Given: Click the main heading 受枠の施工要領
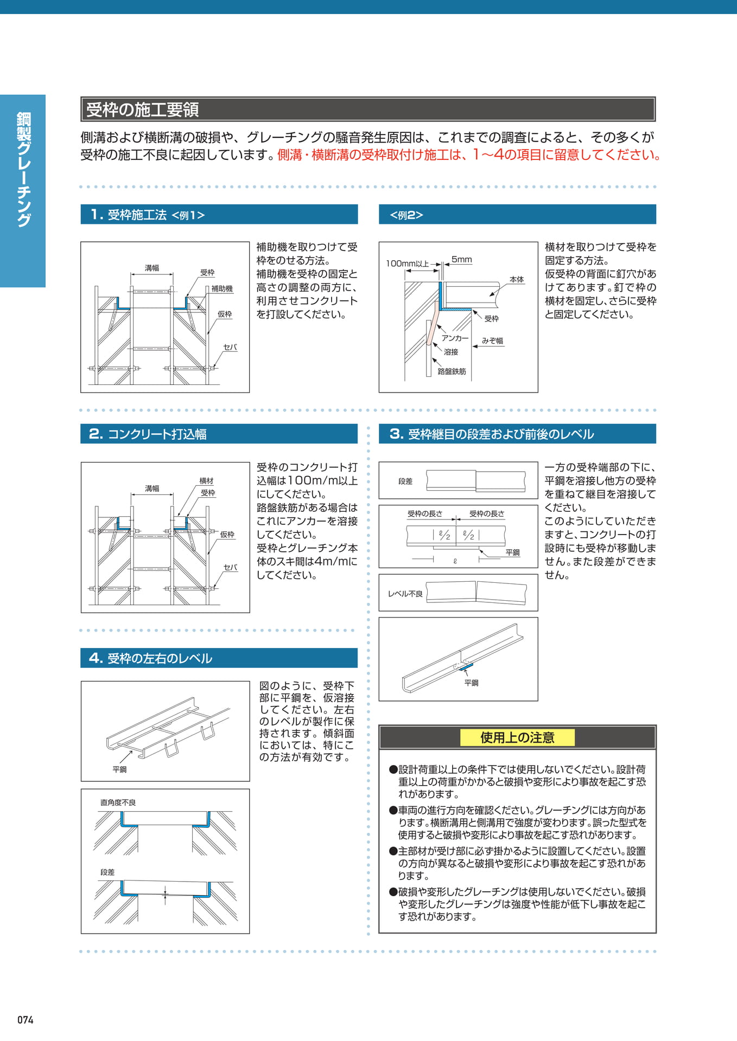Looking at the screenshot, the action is pyautogui.click(x=142, y=110).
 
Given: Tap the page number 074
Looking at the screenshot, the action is pyautogui.click(x=26, y=1020).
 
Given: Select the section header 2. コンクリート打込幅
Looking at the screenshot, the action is pyautogui.click(x=148, y=434).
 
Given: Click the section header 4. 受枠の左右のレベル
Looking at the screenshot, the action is pyautogui.click(x=150, y=658).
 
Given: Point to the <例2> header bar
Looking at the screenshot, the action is pyautogui.click(x=517, y=214).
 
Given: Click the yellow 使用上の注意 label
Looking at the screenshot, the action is pyautogui.click(x=517, y=737).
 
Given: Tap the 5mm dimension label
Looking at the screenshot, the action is pyautogui.click(x=462, y=259).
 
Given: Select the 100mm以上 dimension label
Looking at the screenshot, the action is pyautogui.click(x=407, y=264).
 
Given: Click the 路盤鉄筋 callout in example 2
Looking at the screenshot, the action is pyautogui.click(x=452, y=371).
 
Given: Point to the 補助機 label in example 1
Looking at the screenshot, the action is pyautogui.click(x=222, y=288).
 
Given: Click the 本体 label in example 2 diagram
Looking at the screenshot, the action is pyautogui.click(x=517, y=279).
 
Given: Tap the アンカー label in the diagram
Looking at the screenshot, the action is pyautogui.click(x=455, y=338).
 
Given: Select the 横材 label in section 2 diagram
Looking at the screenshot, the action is pyautogui.click(x=206, y=481).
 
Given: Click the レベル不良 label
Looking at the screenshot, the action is pyautogui.click(x=405, y=594).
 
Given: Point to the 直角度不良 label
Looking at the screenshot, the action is pyautogui.click(x=118, y=802).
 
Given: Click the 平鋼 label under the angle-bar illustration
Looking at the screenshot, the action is pyautogui.click(x=471, y=683).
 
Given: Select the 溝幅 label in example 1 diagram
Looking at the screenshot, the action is pyautogui.click(x=152, y=268).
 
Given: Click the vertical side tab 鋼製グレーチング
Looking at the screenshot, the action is pyautogui.click(x=23, y=169).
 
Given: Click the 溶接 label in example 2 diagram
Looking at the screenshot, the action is pyautogui.click(x=451, y=352).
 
